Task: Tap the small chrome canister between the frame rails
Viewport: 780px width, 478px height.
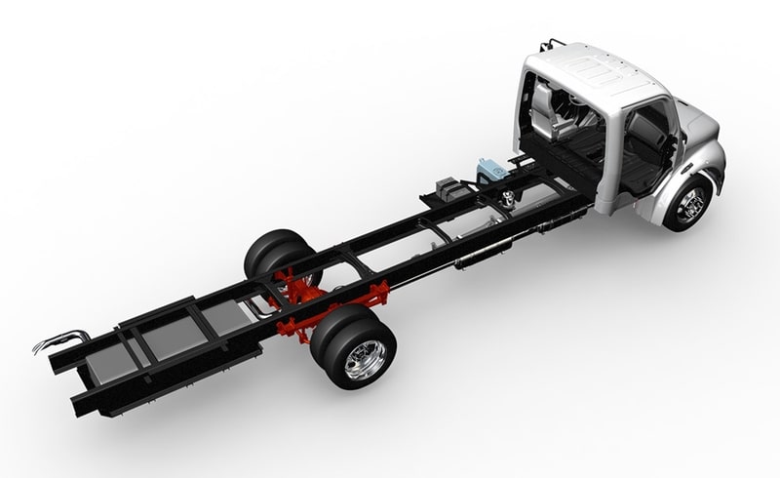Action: [x=506, y=200]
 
